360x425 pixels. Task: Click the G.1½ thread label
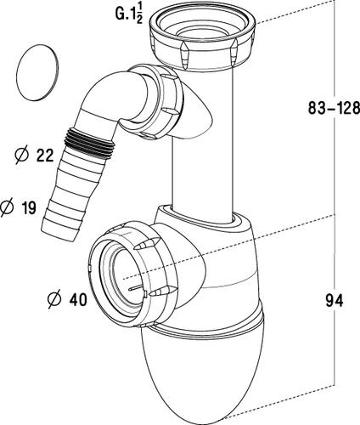pos(129,14)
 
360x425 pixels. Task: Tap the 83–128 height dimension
pos(334,108)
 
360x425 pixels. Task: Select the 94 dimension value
pos(335,300)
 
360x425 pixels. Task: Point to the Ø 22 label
pos(34,156)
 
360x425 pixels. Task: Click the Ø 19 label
pos(18,207)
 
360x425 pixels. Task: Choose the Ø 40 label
pos(67,299)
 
